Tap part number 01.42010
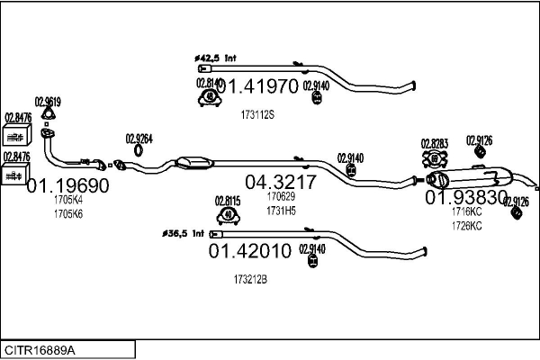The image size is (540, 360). coord(250,251)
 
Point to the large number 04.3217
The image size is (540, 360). coord(281,182)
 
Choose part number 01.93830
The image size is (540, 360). coord(467,197)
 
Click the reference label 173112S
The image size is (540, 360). coord(257,115)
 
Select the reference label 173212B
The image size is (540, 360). coord(250,280)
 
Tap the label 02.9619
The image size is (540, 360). coord(47,102)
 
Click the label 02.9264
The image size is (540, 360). coord(139,138)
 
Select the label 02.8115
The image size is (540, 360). coord(227,200)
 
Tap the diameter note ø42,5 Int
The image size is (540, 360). coord(215,58)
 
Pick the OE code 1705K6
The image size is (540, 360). coord(67,213)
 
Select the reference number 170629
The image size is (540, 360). coord(281,196)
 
